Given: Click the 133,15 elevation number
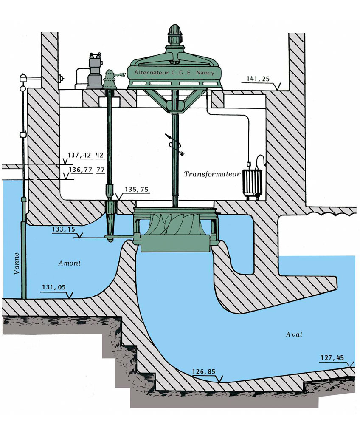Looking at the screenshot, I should pos(64,229).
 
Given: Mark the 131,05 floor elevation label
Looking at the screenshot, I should pos(54,288).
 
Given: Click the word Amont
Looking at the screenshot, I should pos(69,263).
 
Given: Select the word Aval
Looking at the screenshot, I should pos(293,335).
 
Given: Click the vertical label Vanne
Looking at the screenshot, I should pos(17,263).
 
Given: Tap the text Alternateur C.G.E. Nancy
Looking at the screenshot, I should pos(174,73).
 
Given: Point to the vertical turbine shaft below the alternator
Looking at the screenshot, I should pos(174,170).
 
